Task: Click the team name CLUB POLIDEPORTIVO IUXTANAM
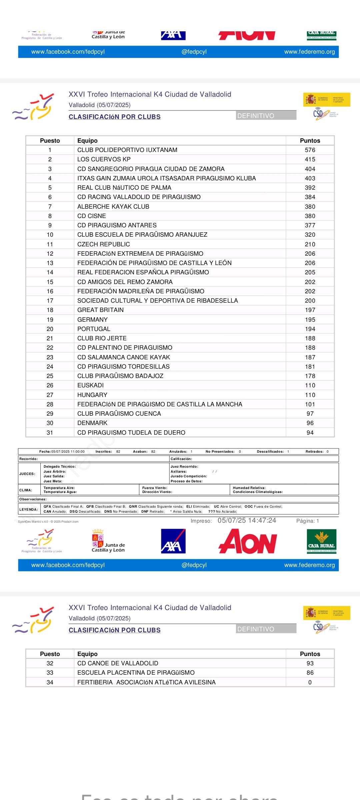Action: click(x=127, y=150)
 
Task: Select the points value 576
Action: click(x=310, y=150)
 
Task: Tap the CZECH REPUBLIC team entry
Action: click(x=103, y=244)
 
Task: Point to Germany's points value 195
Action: click(x=310, y=319)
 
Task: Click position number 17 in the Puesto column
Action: click(x=50, y=301)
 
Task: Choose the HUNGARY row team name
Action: click(x=92, y=395)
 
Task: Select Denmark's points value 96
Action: click(x=310, y=423)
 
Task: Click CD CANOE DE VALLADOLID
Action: click(x=118, y=663)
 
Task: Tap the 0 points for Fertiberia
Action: click(x=310, y=682)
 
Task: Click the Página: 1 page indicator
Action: click(x=307, y=521)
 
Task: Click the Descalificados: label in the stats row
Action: click(x=270, y=452)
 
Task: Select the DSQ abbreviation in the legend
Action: click(x=73, y=511)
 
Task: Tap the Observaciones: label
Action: click(x=33, y=499)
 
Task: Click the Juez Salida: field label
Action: click(x=54, y=476)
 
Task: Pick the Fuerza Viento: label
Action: click(x=155, y=488)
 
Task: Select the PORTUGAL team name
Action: click(x=94, y=329)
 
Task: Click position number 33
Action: click(x=50, y=673)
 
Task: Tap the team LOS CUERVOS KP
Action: click(x=104, y=159)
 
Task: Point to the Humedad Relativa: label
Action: click(x=249, y=488)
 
